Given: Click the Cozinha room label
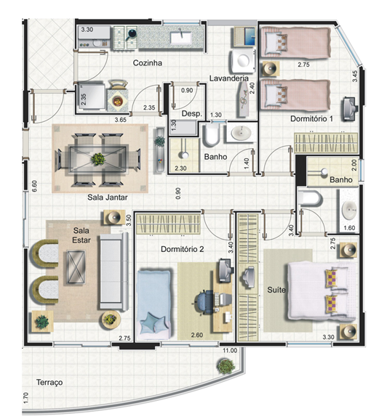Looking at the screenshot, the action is (148, 63).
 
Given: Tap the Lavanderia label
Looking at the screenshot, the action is (229, 78).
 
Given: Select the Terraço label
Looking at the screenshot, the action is (49, 383).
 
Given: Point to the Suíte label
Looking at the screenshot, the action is (276, 290).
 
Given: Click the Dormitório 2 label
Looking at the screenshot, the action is (183, 249).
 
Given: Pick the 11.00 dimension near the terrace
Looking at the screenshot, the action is (230, 351).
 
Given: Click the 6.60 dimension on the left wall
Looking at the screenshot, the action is (34, 186).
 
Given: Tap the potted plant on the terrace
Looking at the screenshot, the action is (226, 365).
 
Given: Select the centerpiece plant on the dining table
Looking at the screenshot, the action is (98, 159).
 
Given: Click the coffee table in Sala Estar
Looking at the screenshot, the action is (76, 267).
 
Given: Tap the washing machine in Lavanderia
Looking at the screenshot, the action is (243, 61).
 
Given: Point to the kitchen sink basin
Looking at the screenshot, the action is (180, 38).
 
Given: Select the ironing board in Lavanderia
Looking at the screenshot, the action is (244, 99).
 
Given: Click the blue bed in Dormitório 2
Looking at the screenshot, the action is (154, 304).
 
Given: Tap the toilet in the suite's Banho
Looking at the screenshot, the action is (310, 198).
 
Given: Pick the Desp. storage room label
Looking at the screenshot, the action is (191, 113).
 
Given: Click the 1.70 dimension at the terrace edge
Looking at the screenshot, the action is (25, 398).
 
